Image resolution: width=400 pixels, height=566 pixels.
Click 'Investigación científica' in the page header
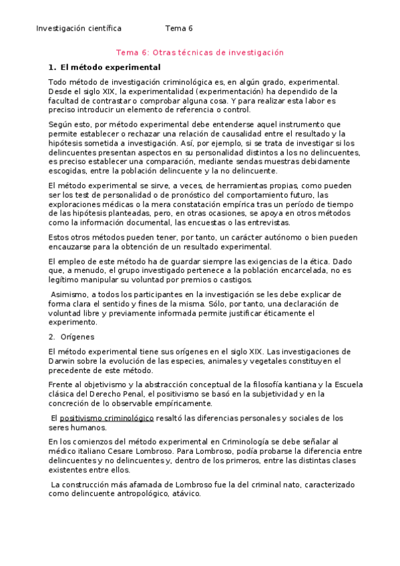(78, 29)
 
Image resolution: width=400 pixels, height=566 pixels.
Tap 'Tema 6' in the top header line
(178, 29)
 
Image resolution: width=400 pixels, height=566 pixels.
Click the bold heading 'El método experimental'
(110, 67)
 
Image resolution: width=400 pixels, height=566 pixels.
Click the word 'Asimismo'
(71, 294)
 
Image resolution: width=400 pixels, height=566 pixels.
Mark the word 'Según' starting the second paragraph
(61, 124)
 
